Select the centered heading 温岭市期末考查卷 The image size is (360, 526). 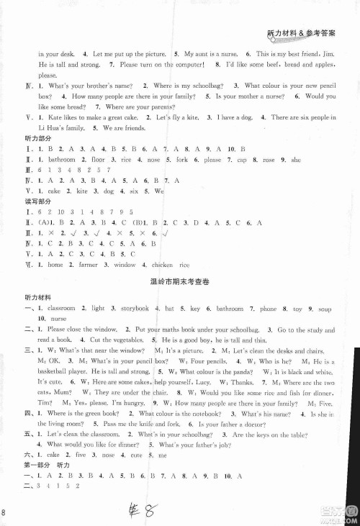(x=179, y=284)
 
